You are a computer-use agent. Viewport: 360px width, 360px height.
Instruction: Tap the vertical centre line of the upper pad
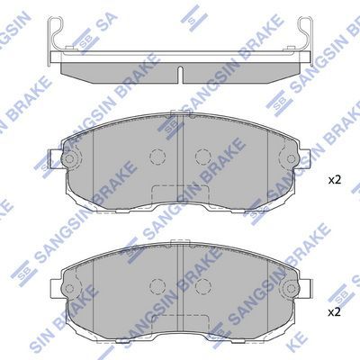point(183,144)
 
